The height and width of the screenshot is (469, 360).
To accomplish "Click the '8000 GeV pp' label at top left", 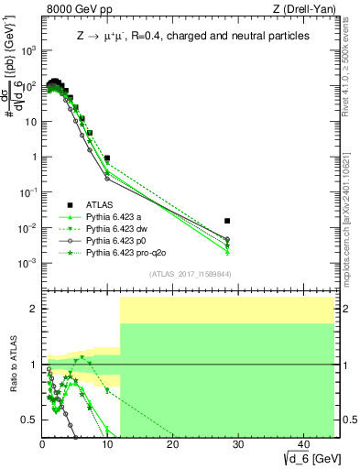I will click(x=74, y=10).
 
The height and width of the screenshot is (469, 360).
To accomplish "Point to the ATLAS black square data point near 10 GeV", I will click(x=107, y=158).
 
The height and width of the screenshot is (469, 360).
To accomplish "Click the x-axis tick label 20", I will click(x=172, y=444).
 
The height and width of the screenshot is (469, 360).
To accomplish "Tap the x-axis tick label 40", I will click(x=302, y=444).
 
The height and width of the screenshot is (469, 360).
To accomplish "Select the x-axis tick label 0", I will click(x=42, y=444).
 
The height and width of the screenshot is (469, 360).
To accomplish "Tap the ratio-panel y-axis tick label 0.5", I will click(x=29, y=420).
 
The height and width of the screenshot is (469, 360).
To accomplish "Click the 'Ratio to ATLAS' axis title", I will click(x=13, y=365).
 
